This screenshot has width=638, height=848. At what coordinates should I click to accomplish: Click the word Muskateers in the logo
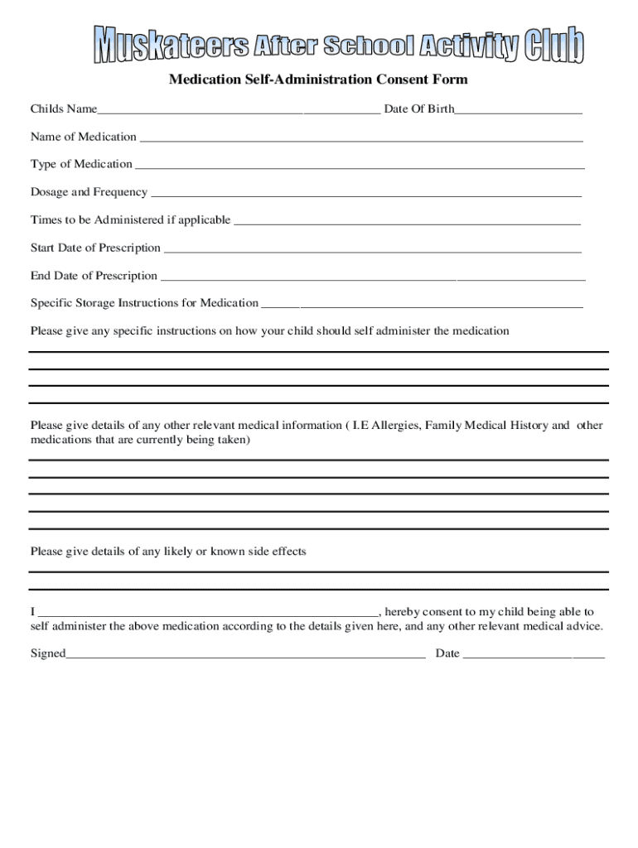(x=170, y=46)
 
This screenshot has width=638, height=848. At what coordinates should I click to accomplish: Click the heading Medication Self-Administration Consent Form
(x=318, y=79)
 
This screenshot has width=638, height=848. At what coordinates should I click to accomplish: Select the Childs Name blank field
(x=239, y=110)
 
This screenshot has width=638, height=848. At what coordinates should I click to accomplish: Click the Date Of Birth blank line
(x=518, y=110)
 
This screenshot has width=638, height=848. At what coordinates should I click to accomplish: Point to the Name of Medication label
(x=84, y=137)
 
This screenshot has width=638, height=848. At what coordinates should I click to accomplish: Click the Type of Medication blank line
(x=359, y=165)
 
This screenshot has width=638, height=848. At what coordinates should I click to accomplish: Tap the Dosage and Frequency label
(x=89, y=192)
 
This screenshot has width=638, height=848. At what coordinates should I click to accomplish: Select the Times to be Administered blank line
(x=406, y=221)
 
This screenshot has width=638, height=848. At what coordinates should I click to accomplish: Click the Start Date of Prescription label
(x=95, y=248)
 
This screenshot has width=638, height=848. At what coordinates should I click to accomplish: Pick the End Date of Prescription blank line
(x=373, y=277)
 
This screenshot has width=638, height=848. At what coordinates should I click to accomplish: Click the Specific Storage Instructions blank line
(x=422, y=304)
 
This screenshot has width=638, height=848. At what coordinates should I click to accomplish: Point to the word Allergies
(x=395, y=425)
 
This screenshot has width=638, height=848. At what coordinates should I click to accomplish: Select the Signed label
(x=47, y=653)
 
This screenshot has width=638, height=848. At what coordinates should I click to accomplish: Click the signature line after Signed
(x=245, y=655)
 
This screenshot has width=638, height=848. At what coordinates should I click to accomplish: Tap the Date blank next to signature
(x=534, y=655)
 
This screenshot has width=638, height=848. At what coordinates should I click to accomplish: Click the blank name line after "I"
(x=207, y=614)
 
